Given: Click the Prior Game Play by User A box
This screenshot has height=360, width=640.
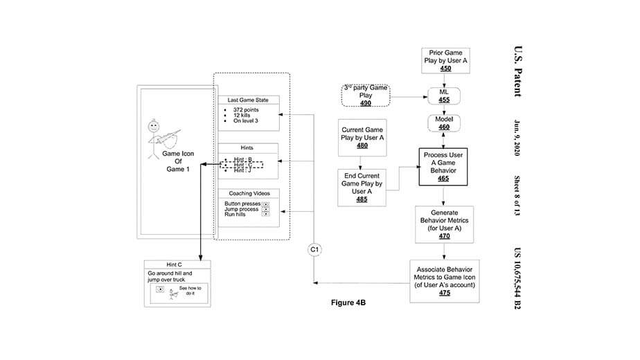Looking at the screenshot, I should [x=445, y=61].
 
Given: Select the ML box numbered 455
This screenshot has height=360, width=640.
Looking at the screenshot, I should [x=444, y=96].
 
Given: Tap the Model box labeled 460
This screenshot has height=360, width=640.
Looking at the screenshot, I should [x=444, y=123].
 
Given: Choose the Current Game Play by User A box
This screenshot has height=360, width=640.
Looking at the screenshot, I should [x=361, y=137].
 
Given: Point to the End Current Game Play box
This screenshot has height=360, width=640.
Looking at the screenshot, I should [x=361, y=187].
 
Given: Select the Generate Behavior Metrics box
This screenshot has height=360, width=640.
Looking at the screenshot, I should [x=444, y=224].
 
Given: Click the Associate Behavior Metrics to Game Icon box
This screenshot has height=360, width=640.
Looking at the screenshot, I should [x=444, y=281].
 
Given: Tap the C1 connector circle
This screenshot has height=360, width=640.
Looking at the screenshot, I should [x=315, y=249].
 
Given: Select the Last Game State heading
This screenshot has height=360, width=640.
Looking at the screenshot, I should [x=248, y=101].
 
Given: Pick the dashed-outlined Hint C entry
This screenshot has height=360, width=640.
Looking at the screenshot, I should [x=241, y=165].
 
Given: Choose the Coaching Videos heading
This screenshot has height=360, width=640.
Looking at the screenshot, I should [x=248, y=193].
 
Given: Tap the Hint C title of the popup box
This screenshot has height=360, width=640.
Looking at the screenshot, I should [x=174, y=264].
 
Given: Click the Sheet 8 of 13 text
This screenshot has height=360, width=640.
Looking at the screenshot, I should [x=517, y=198].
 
